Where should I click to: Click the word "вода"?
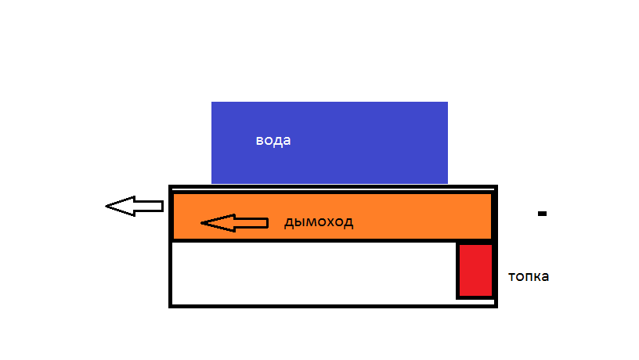(273, 141)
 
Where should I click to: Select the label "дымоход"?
(318, 222)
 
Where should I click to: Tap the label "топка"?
(529, 276)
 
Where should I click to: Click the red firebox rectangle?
(475, 271)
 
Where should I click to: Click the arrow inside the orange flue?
(234, 224)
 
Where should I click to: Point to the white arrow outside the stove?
(134, 207)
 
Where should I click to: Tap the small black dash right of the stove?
(541, 213)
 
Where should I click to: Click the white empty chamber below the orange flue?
(313, 273)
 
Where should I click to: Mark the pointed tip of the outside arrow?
(107, 207)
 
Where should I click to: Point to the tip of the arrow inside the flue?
(203, 224)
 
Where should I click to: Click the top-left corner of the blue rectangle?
(212, 103)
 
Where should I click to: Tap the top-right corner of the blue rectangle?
(447, 103)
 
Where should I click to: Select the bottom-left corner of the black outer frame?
(171, 305)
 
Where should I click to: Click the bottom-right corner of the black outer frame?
(495, 305)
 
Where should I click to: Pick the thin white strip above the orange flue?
(333, 190)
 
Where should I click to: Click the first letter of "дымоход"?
(288, 223)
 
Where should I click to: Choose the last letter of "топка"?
(545, 277)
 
